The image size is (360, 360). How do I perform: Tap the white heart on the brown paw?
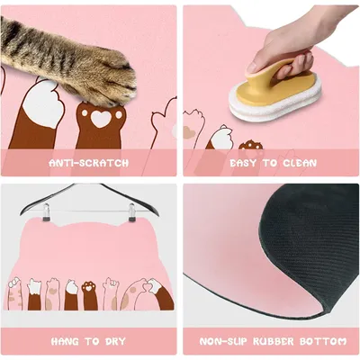pyautogui.click(x=100, y=119)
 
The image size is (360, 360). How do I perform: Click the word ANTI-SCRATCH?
pyautogui.click(x=88, y=163)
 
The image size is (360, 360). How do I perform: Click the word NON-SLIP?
pyautogui.click(x=221, y=341)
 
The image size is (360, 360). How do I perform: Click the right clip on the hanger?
pyautogui.click(x=131, y=212)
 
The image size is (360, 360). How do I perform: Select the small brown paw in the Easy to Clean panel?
pyautogui.click(x=249, y=145)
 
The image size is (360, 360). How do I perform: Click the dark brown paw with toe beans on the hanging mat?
pyautogui.click(x=89, y=292)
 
